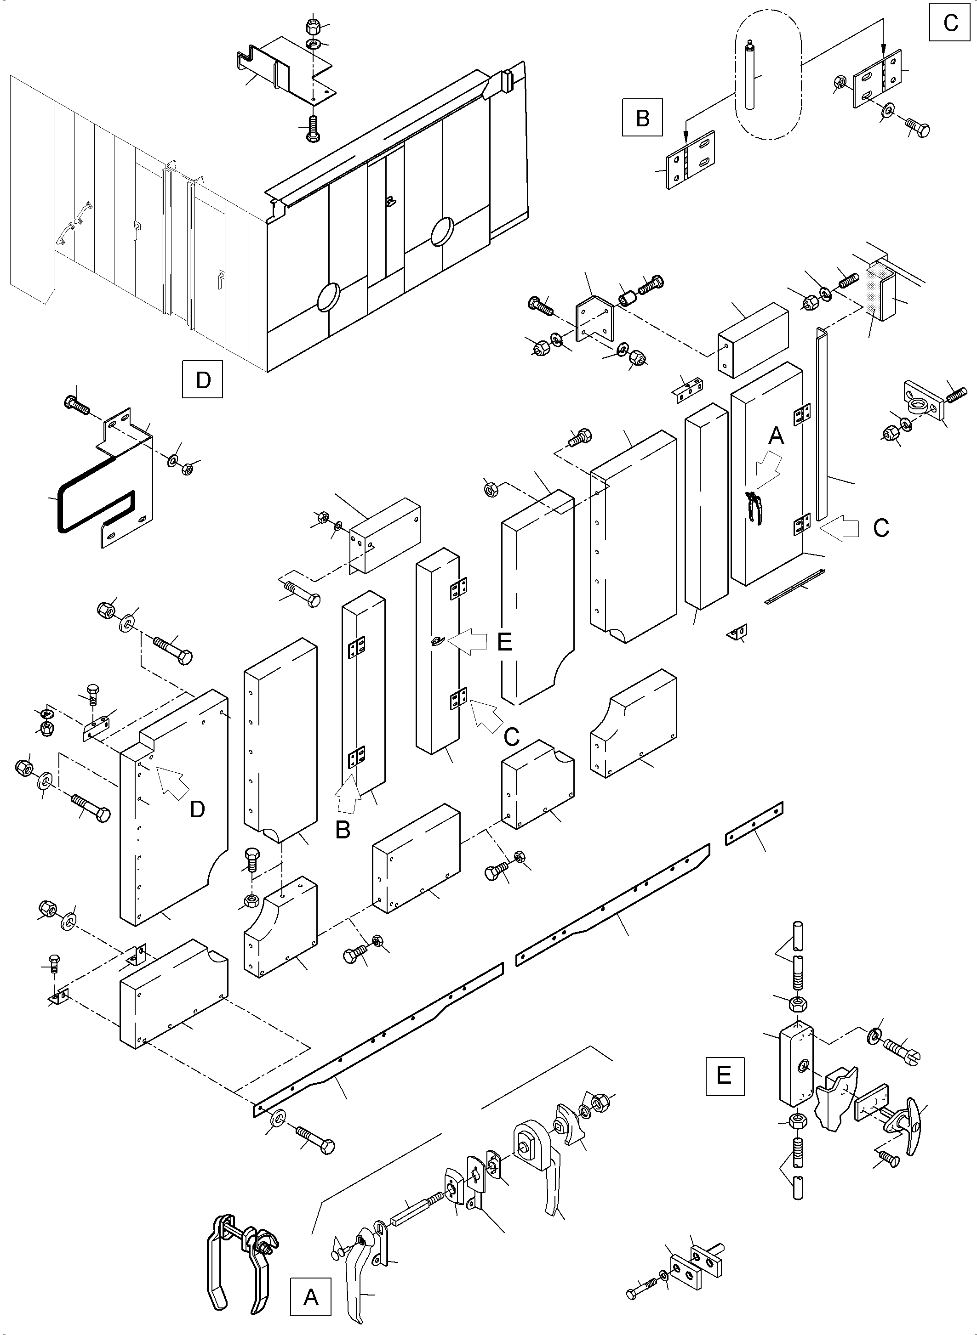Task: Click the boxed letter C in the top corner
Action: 950,23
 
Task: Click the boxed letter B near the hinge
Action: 642,118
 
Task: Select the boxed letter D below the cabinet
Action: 202,379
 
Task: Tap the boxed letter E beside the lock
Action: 724,1075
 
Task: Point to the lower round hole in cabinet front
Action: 329,297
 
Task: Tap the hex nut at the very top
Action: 314,27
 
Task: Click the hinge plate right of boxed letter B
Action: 691,159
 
